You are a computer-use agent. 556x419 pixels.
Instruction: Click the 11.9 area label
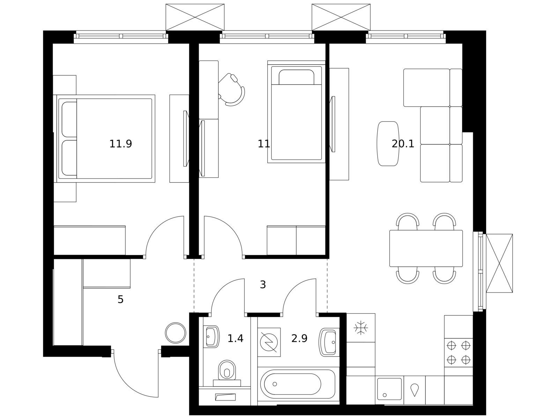[x=120, y=144]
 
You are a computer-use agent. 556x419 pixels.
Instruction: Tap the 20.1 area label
[x=403, y=144]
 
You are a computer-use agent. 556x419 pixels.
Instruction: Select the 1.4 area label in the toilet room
[x=235, y=338]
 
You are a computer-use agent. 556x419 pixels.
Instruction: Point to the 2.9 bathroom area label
[x=299, y=338]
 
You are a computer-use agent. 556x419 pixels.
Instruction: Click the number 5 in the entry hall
[x=120, y=300]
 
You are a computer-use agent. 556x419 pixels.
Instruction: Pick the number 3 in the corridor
[x=263, y=285]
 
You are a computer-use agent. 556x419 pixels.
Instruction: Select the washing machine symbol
[x=269, y=342]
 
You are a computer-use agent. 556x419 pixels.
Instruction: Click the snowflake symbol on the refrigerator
[x=361, y=328]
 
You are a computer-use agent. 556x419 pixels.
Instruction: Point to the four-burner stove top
[x=459, y=352]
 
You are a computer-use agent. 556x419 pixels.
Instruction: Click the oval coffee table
[x=388, y=144]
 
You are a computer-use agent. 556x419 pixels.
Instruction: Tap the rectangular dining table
[x=426, y=248]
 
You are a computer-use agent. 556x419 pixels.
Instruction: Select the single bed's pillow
[x=296, y=77]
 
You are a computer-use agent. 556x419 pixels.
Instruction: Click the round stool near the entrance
[x=175, y=333]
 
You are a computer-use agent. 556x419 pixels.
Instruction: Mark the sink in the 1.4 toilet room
[x=211, y=337]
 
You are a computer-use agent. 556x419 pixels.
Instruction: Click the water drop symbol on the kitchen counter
[x=414, y=390]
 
